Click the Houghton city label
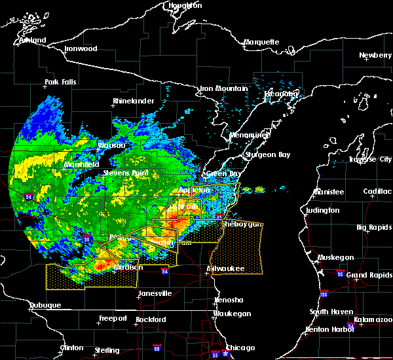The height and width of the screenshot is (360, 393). tap(185, 5)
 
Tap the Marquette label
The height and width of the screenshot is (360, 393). tap(262, 43)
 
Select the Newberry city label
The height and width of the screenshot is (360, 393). tap(375, 56)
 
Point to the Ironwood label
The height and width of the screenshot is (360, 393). tap(81, 49)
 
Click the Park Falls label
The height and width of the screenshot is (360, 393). tap(60, 82)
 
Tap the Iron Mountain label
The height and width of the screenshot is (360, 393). tap(223, 88)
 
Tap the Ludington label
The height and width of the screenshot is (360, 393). tap(322, 211)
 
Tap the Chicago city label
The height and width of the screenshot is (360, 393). tap(240, 348)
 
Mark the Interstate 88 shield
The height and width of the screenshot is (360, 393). tap(157, 348)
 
